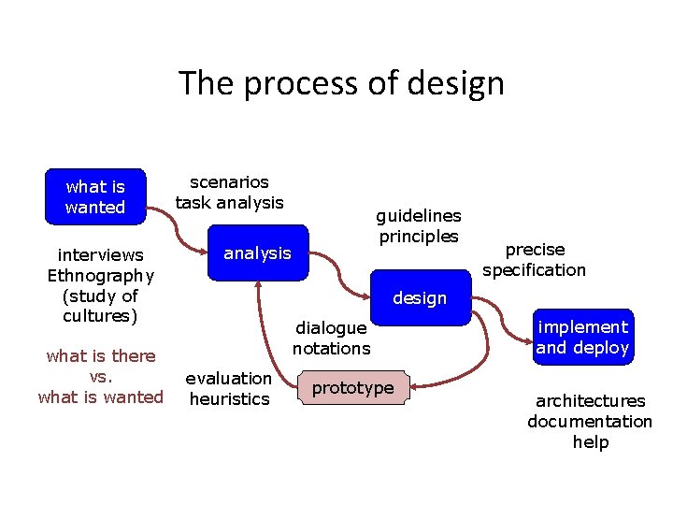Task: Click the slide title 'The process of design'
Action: [x=341, y=83]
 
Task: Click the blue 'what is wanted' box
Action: [x=94, y=196]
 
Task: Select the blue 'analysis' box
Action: [x=257, y=252]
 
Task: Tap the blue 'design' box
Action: [x=420, y=298]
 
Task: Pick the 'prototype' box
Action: [x=352, y=388]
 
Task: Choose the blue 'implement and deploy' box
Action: [x=582, y=337]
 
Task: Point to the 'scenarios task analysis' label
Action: [x=229, y=192]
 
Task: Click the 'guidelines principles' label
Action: [x=418, y=225]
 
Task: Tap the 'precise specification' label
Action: [x=535, y=260]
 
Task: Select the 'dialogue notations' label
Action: [x=331, y=338]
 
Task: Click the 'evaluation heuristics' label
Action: [x=228, y=388]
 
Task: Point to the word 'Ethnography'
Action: [x=101, y=275]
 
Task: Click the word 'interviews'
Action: [x=101, y=254]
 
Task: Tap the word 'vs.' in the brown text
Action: [x=101, y=376]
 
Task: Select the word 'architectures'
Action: [x=590, y=401]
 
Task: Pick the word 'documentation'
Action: [x=590, y=422]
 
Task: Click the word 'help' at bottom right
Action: [x=590, y=442]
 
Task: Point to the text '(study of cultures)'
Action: [x=101, y=306]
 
